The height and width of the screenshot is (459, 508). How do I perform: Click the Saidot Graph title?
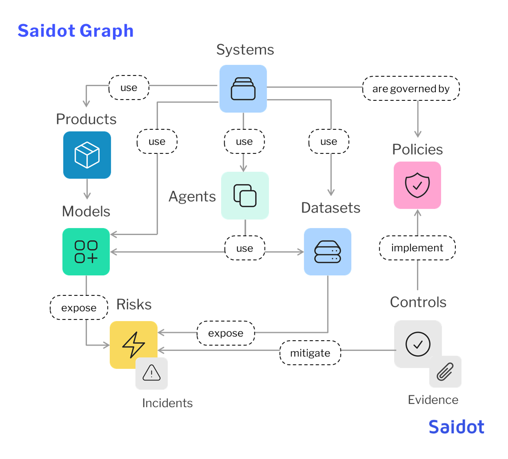coord(75,31)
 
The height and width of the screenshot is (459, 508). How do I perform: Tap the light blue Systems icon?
coord(243,89)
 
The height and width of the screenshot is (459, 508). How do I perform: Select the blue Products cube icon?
coord(87,155)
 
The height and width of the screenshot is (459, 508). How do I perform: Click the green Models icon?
coord(86,251)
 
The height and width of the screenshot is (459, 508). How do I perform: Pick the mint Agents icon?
coord(245,195)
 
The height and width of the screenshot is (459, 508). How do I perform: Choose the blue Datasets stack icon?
coord(327,251)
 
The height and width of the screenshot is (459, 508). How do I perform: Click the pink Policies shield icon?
coord(417,185)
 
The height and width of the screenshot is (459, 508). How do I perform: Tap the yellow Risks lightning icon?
coord(133,345)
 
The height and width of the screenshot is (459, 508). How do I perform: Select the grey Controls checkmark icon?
coord(417,344)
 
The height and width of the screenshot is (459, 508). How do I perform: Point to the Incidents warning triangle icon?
coord(151,373)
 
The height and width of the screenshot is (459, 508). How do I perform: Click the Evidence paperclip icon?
coord(445,371)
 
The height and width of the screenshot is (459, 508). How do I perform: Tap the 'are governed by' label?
coord(411,89)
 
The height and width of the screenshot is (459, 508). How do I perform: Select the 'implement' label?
coord(417,248)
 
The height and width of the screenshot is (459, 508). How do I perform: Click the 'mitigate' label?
coord(310,353)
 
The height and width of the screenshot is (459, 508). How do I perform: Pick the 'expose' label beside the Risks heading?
coord(79,308)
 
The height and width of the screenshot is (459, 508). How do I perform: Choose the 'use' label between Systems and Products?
coord(129,87)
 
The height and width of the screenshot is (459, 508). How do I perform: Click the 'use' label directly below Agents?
coord(245,248)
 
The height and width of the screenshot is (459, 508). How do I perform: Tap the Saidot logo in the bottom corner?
coord(456,427)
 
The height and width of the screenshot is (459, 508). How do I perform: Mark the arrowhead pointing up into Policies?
coord(417,213)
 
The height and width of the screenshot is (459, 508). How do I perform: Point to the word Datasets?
coord(330,208)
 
